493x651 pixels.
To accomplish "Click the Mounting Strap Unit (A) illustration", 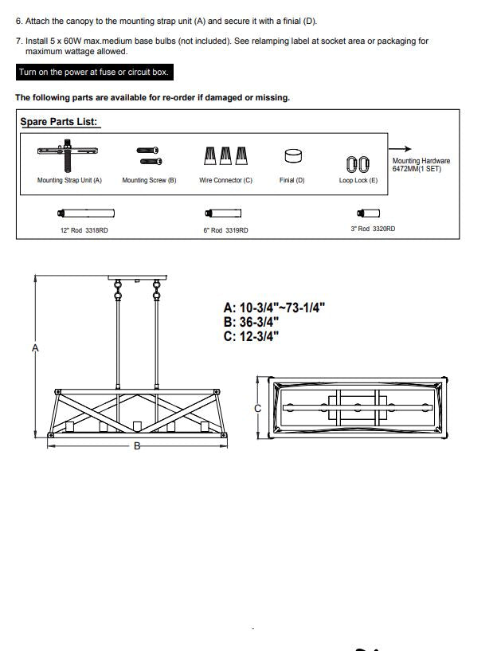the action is coord(67,155).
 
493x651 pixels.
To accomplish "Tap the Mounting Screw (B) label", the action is coord(149,180).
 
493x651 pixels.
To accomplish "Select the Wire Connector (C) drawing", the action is coord(225,155).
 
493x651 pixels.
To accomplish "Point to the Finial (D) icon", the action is coord(293,156).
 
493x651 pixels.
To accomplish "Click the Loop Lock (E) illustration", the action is coord(358,164).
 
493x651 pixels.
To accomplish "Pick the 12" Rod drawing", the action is coord(86,214).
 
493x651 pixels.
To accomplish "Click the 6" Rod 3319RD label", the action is coord(225,230).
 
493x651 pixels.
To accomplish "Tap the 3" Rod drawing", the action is coord(369,213).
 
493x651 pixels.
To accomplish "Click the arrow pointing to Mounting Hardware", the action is coord(400,149).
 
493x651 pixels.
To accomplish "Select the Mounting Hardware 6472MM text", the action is coord(421,164).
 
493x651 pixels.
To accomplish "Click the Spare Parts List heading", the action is coord(59,122).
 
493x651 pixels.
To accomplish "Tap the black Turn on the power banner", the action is coord(94,72).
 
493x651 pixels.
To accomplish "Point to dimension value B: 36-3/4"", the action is coord(251,322).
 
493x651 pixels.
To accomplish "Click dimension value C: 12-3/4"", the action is coord(251,336).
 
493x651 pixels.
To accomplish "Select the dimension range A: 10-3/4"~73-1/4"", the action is coord(274,308).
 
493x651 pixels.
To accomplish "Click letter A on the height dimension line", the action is coord(35,348).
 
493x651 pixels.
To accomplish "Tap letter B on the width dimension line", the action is coord(137,446).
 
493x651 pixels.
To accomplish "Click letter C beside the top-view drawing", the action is coord(258,409).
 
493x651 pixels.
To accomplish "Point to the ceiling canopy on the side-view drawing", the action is coord(137,277).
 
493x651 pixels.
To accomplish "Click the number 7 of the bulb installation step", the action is coord(18,41).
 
